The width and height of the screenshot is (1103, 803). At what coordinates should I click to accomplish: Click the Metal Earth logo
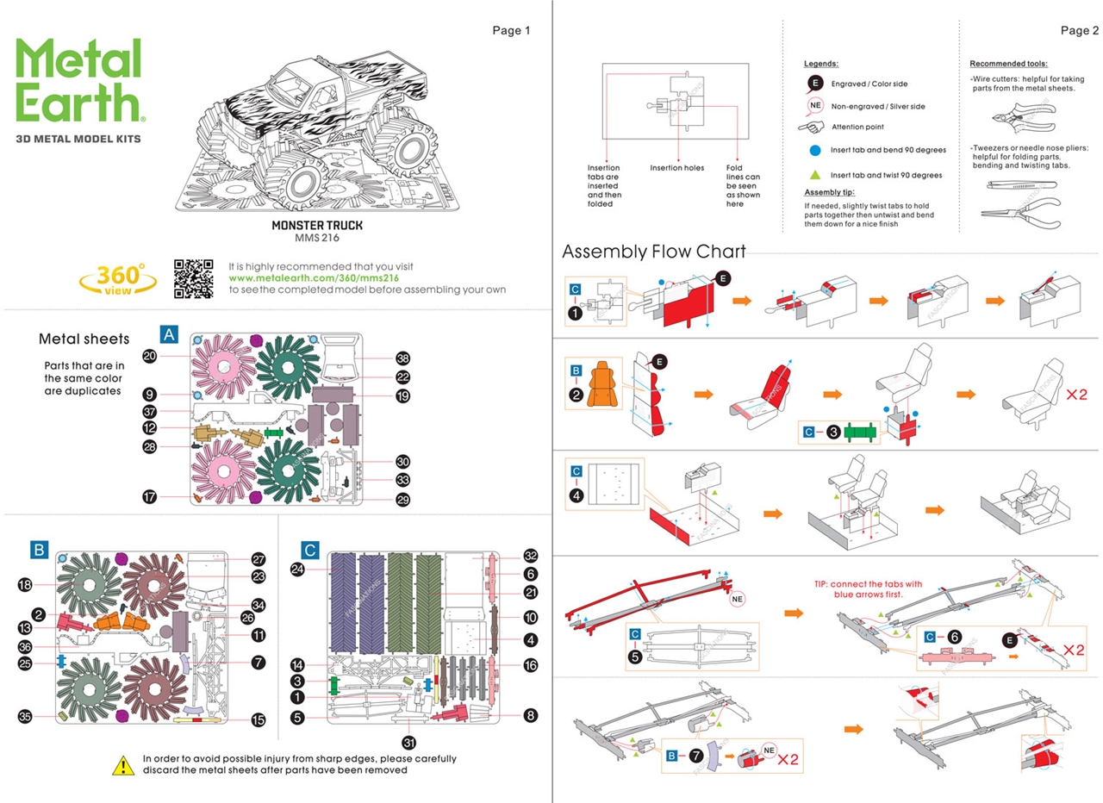pyautogui.click(x=79, y=82)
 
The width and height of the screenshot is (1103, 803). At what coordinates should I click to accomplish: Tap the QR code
pyautogui.click(x=192, y=277)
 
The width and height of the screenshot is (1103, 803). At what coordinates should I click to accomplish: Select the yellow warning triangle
pyautogui.click(x=123, y=764)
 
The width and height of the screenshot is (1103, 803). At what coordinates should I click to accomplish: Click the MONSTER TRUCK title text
pyautogui.click(x=317, y=225)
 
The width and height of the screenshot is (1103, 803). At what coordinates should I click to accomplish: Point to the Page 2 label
pyautogui.click(x=1080, y=31)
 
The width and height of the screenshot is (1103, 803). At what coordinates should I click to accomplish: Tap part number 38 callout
pyautogui.click(x=402, y=358)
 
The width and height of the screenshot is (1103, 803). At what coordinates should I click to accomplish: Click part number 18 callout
pyautogui.click(x=25, y=585)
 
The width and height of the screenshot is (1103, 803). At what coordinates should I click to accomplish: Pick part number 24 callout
pyautogui.click(x=298, y=569)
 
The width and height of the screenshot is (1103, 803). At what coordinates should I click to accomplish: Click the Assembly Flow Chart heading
pyautogui.click(x=653, y=252)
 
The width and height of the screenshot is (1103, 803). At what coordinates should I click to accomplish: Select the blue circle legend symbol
pyautogui.click(x=814, y=150)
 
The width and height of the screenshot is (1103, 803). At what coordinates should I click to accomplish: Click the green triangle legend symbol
pyautogui.click(x=814, y=174)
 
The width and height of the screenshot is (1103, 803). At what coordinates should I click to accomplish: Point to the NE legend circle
pyautogui.click(x=815, y=106)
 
